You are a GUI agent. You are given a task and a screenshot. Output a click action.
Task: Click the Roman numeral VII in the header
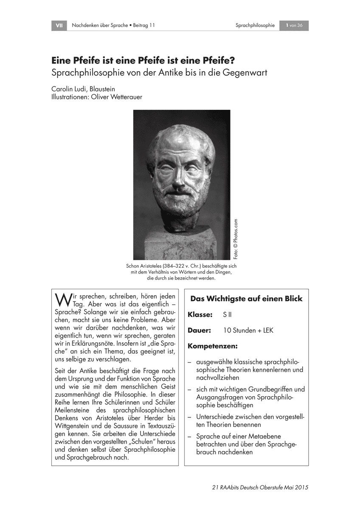coord(59,25)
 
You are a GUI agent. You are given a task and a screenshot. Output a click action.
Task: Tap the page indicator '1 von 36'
coord(294,25)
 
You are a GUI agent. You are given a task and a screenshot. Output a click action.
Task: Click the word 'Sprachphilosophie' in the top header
coord(255,25)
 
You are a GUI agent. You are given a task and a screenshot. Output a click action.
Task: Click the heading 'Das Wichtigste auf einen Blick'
coord(246,299)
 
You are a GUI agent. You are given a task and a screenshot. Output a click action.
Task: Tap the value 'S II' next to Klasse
coord(228,315)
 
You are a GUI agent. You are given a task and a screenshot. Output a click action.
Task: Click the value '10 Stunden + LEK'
coord(248,330)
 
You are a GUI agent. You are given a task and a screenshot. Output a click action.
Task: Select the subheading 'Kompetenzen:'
coord(212,346)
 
